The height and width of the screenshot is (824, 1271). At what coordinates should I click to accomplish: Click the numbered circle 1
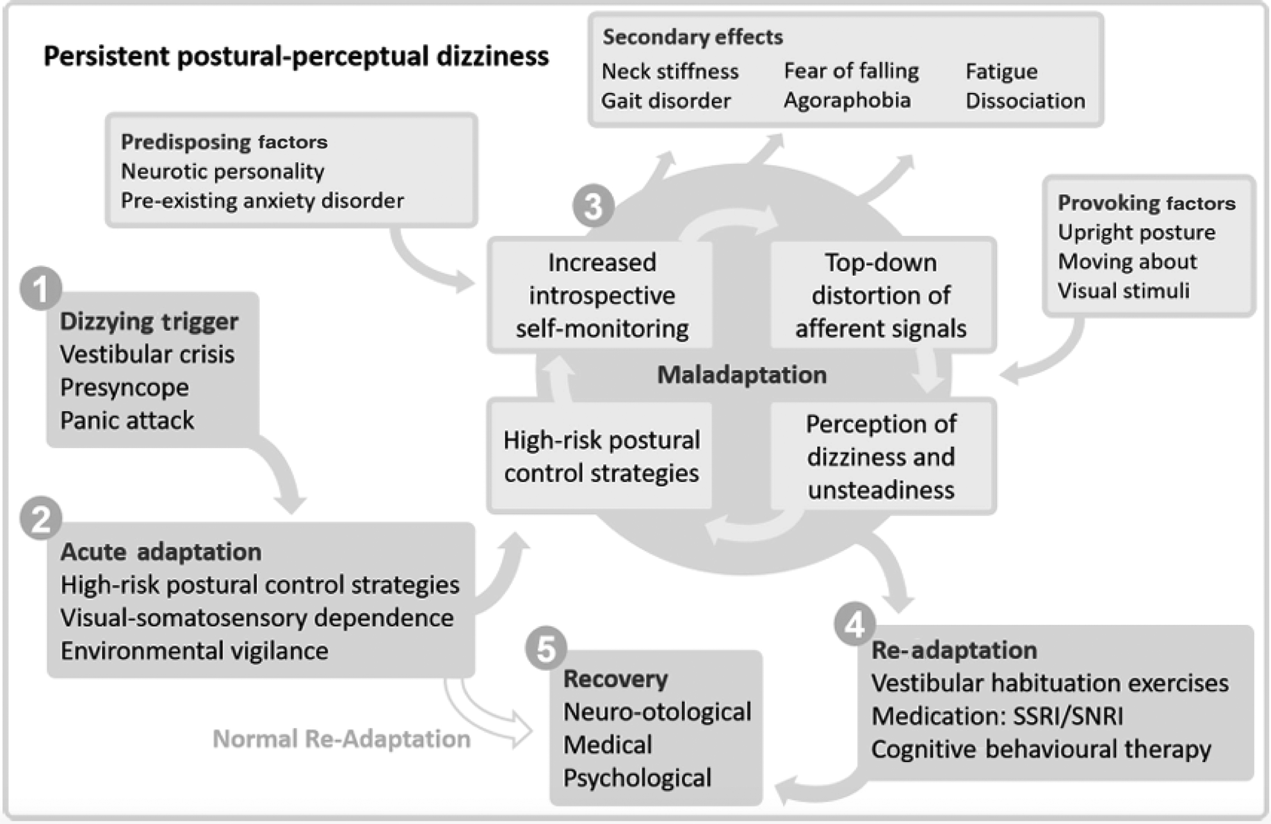click(41, 288)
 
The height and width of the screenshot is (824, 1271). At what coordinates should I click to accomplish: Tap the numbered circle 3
click(593, 206)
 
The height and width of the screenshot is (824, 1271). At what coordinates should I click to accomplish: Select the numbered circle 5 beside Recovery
click(546, 648)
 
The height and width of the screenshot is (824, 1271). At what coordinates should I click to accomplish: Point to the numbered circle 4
click(855, 624)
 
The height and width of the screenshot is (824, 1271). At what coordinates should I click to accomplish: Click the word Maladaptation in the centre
click(741, 375)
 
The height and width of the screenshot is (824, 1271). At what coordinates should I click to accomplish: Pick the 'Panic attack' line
click(127, 421)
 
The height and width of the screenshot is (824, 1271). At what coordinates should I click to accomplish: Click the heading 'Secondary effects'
click(692, 37)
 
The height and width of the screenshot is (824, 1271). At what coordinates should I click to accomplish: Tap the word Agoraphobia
click(846, 101)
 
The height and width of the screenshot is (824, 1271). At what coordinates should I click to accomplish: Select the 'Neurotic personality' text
click(222, 172)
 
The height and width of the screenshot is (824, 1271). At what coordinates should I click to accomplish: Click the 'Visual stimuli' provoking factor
click(1123, 291)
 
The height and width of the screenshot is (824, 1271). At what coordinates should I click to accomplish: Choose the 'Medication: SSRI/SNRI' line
click(997, 716)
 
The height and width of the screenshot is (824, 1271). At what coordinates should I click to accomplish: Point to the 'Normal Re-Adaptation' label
click(341, 739)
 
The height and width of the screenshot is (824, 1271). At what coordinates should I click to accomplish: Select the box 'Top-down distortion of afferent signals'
click(881, 295)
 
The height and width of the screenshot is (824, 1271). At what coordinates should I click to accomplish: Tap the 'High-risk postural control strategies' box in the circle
click(601, 456)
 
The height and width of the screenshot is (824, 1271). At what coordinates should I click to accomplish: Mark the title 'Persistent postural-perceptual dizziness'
click(296, 56)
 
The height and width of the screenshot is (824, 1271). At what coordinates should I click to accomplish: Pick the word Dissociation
click(1024, 101)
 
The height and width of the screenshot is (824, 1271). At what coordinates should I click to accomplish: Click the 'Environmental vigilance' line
click(194, 651)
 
